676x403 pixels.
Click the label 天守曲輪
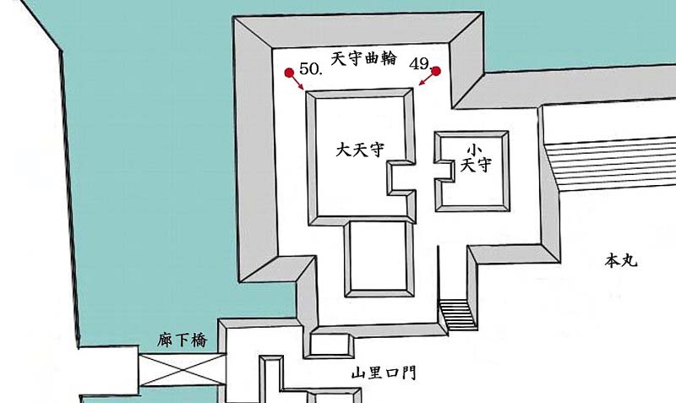[363, 59]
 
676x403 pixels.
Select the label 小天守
[475, 158]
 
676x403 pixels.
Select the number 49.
[420, 64]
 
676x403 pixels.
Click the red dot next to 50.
[288, 73]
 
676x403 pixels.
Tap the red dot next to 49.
[438, 72]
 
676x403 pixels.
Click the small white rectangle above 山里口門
[331, 345]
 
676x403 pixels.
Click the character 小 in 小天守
[475, 149]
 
